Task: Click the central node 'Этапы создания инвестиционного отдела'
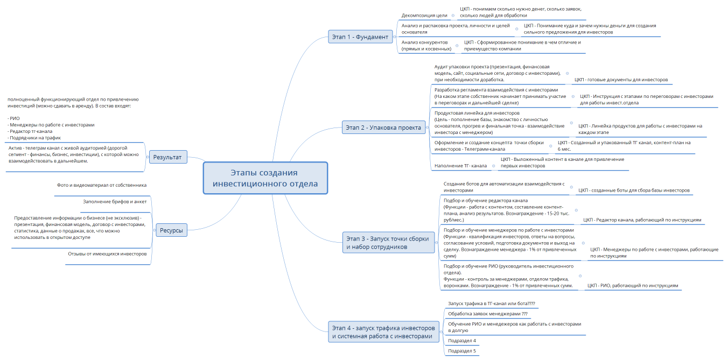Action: coord(265,178)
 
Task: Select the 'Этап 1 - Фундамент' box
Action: coord(360,37)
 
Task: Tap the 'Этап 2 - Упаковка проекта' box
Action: coord(383,128)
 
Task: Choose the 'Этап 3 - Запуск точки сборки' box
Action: coord(388,242)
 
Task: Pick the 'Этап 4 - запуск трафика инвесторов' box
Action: coord(383,331)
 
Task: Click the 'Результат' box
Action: coord(167,157)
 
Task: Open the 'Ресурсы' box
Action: coord(171,230)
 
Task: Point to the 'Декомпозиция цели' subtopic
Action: coord(424,15)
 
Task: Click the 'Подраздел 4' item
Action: coord(462,341)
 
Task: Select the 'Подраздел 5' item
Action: coord(462,351)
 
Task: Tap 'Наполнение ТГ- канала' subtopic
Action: coord(460,166)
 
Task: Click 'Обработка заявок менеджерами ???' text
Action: coord(488,314)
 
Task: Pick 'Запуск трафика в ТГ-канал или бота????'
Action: coord(492,303)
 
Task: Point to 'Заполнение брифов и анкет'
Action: coord(115,201)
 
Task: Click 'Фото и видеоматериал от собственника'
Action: coord(102,185)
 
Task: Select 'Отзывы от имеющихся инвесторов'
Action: coord(107,254)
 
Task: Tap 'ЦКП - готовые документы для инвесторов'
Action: coord(621,80)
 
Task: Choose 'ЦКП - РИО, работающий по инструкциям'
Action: coord(633,286)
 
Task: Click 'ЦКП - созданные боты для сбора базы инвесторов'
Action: coord(634,190)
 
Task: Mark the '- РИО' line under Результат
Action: coord(13,118)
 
